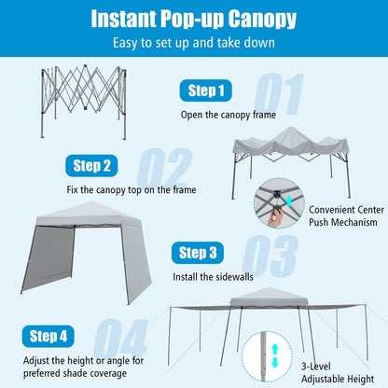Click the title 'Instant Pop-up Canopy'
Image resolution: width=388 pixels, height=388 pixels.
194,19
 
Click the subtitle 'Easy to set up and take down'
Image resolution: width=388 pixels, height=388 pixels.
194,42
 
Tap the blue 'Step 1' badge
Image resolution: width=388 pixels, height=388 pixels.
207,90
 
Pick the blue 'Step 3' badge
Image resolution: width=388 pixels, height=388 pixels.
199,253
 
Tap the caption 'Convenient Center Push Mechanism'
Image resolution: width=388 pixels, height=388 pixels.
343,215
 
